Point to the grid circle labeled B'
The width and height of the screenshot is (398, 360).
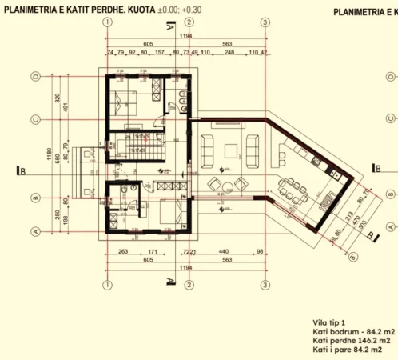pos(353,257)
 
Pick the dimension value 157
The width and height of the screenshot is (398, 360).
pos(161,53)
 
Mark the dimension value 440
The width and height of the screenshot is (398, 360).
pos(224,251)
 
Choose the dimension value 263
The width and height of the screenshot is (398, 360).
pos(122,251)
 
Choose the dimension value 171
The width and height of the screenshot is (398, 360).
pos(152,251)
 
